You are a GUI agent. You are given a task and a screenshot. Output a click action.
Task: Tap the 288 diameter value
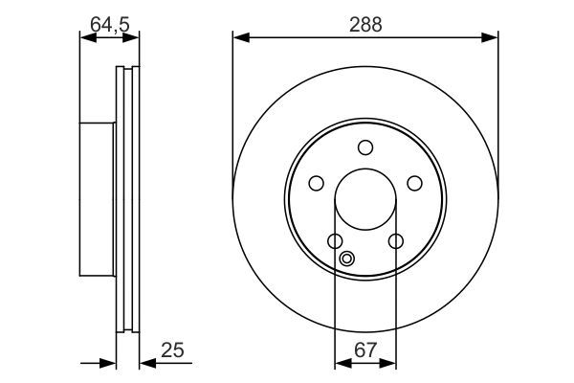pos(365,26)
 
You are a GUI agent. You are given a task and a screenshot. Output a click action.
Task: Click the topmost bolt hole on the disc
pos(364,147)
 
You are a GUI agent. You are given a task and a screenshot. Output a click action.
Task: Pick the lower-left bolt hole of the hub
pos(334,241)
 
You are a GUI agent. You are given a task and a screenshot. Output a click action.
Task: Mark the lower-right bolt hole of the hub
pos(395,241)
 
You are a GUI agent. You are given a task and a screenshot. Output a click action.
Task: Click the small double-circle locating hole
pos(347,257)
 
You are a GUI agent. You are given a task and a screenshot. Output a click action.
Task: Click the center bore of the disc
pos(364,200)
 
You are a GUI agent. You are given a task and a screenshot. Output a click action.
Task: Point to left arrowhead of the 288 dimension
pos(239,38)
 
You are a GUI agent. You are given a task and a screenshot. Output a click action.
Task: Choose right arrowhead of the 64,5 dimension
pos(133,38)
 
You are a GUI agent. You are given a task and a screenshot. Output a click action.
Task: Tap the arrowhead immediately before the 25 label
pos(146,363)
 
